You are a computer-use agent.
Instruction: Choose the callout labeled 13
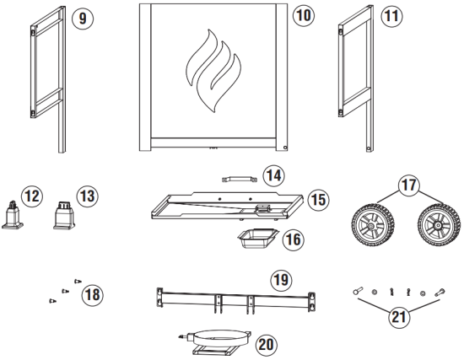85,196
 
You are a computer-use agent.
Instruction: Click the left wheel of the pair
371,228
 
